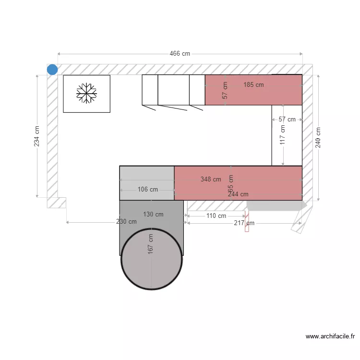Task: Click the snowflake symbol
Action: coord(86,93)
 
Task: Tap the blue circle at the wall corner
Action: coord(52,70)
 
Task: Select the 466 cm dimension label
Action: coord(180,54)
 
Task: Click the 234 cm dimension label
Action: coord(37,136)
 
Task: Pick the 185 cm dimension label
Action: coord(253,85)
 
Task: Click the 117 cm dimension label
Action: coord(282,135)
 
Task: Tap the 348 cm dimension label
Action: coord(211,180)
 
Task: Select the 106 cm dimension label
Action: coord(147,190)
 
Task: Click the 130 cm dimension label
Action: coord(153,215)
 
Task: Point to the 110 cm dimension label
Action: coord(216,216)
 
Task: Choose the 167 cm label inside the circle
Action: coord(151,243)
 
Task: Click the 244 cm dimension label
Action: coord(238,194)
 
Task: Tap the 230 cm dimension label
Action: coord(126,222)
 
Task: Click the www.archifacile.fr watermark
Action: coord(330,337)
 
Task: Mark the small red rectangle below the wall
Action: coord(247,221)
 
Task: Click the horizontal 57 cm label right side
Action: coord(287,120)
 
